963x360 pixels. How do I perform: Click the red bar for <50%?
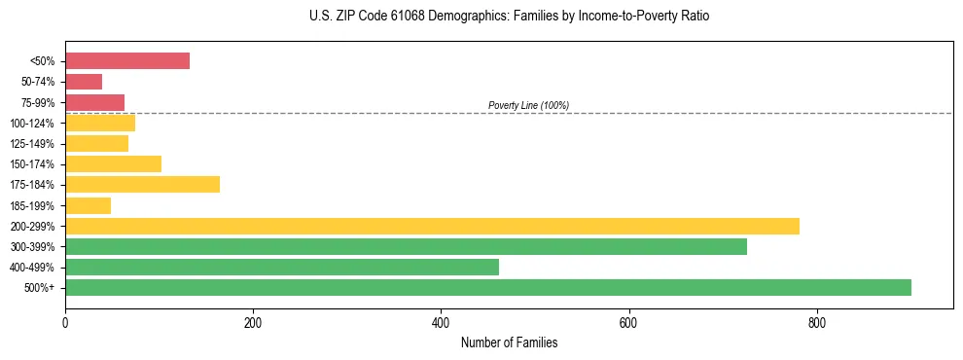tap(127, 61)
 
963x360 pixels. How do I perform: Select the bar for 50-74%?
tap(84, 82)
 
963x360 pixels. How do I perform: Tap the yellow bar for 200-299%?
tap(432, 226)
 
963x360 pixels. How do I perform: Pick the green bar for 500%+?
tap(488, 287)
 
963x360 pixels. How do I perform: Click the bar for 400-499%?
tap(282, 267)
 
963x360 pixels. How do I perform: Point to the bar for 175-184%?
tap(142, 184)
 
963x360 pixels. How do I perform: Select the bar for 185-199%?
tap(88, 205)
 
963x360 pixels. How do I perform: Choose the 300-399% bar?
tap(406, 246)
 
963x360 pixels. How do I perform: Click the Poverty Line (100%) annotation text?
tap(528, 105)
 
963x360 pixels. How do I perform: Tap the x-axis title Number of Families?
tap(509, 342)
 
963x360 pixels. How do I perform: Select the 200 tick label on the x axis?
tap(253, 322)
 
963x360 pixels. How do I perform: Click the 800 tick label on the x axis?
tap(816, 322)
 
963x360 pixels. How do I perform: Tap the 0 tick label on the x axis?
tap(65, 322)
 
